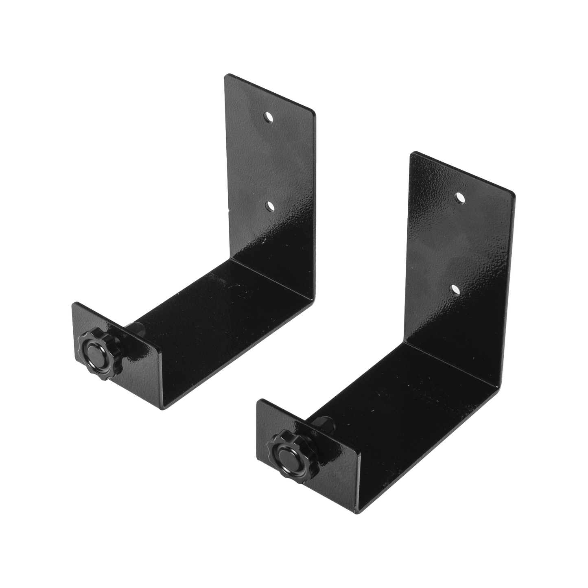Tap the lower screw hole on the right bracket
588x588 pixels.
coord(455,289)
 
